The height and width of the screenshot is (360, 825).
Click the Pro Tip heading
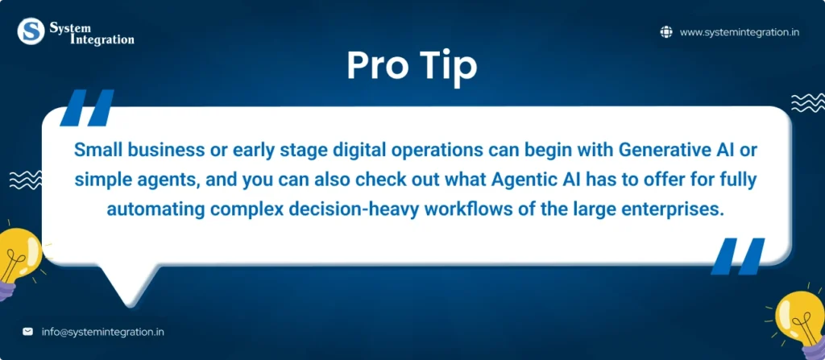pos(412,66)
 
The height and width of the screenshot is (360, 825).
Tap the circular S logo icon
pos(31,31)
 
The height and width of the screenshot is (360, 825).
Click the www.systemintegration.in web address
pos(740,32)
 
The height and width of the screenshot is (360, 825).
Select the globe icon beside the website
pos(666,32)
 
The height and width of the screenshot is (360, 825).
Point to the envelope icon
pos(27,332)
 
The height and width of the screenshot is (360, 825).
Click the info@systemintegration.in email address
pos(102,332)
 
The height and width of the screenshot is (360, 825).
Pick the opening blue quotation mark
pos(87,107)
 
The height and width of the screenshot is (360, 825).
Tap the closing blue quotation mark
pos(737,256)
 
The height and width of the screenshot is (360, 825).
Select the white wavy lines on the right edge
pos(808,102)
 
